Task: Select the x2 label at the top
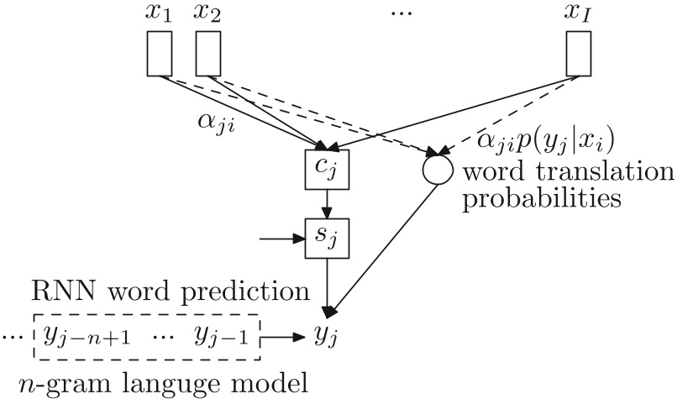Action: click(207, 14)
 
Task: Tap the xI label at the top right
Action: click(578, 14)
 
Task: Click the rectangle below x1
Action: click(160, 53)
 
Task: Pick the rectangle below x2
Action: click(207, 53)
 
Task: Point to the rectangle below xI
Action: click(578, 53)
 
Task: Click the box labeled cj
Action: click(326, 169)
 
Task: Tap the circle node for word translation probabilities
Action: click(437, 169)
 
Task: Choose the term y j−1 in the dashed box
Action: click(219, 337)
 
